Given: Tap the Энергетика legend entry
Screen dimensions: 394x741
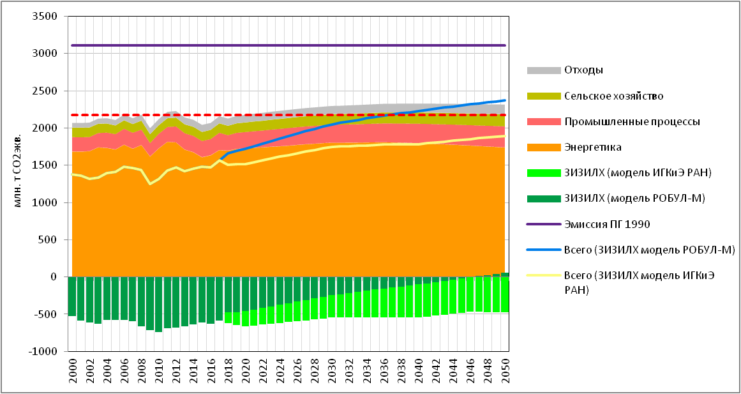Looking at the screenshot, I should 593,147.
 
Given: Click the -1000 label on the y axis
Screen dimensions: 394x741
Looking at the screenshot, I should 45,352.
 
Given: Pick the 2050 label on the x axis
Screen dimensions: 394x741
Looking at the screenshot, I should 505,371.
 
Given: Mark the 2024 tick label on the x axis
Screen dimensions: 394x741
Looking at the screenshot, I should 280,371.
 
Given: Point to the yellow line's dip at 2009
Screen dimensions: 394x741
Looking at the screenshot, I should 150,184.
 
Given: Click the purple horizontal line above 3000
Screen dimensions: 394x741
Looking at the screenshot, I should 287,45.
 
